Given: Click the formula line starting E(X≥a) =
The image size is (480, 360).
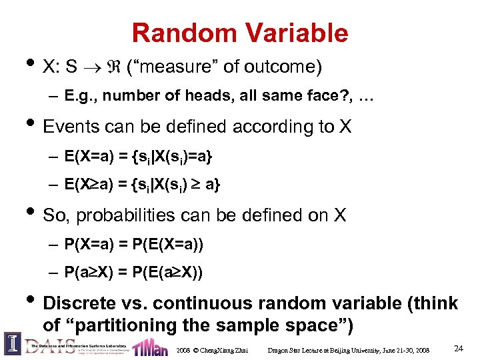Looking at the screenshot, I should pos(142,185).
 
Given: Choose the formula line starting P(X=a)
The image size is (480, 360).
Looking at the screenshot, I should pos(133,245).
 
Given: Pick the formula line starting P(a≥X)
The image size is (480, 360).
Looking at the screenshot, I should pos(133,273).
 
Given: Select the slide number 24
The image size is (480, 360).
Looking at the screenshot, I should pos(458,348).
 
